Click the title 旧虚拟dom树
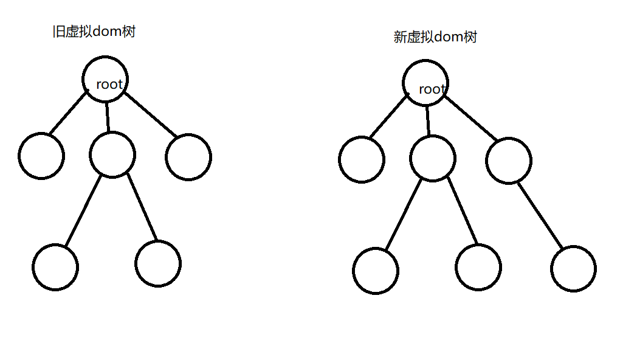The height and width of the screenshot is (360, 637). click(94, 32)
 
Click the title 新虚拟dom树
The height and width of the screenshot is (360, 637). click(435, 37)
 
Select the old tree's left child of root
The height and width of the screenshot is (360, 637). click(41, 156)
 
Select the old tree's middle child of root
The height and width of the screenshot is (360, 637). click(112, 154)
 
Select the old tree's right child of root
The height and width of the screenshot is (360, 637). click(188, 157)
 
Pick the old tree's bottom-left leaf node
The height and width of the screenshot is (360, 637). click(56, 267)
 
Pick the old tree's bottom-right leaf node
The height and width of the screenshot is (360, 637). click(158, 263)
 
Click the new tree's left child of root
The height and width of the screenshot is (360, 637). click(362, 159)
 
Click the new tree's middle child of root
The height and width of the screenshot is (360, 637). click(433, 159)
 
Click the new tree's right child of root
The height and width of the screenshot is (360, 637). click(509, 161)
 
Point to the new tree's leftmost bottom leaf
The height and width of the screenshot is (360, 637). click(376, 271)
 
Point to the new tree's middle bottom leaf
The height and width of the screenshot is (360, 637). click(478, 268)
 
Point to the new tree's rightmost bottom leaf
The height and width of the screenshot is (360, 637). click(574, 269)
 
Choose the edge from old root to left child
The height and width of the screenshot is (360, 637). click(68, 112)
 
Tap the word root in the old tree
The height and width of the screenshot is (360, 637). click(109, 85)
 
